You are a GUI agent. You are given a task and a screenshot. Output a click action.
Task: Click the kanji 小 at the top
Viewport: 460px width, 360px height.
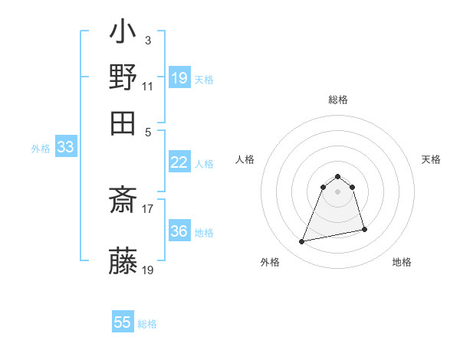point(123,34)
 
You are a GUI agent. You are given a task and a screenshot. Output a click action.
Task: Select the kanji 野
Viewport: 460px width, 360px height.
point(123,77)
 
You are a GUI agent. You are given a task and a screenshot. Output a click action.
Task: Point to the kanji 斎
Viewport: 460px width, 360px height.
point(123,201)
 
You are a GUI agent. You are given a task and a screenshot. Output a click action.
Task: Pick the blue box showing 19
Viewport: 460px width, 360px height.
point(179,78)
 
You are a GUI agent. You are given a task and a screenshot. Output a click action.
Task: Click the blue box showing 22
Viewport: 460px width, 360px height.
point(179,162)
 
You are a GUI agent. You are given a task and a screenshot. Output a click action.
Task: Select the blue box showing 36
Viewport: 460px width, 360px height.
point(179,231)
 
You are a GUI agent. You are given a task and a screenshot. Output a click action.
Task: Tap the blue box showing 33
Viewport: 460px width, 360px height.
point(65,148)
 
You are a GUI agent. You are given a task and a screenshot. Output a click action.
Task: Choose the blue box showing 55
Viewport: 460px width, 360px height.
point(123,322)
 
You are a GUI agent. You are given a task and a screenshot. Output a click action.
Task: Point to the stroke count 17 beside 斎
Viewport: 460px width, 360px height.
point(148,208)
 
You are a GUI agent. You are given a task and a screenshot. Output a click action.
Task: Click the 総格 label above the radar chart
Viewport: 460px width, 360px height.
point(338,100)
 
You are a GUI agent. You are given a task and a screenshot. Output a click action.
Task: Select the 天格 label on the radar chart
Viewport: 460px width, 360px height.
point(431,159)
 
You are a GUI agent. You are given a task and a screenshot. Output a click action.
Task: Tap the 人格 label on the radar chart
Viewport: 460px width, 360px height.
point(245,159)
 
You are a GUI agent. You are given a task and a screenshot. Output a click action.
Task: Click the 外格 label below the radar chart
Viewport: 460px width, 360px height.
point(270,262)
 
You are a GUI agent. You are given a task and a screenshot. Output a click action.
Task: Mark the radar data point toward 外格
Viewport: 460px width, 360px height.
point(302,242)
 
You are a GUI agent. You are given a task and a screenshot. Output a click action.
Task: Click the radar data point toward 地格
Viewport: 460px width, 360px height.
point(364,229)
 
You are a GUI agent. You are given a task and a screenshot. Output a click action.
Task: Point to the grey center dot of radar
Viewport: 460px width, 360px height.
point(338,191)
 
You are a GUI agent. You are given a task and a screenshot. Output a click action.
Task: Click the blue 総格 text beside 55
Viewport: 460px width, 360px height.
point(147,324)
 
